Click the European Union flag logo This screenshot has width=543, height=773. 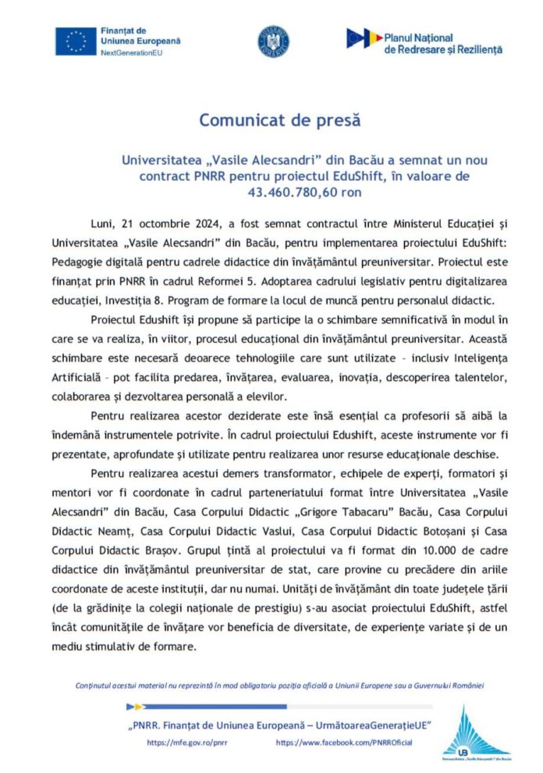(75, 41)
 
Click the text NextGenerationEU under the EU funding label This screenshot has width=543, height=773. (129, 52)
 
